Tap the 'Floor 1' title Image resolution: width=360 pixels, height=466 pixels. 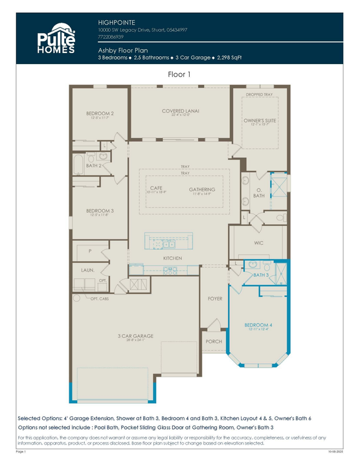[179, 74]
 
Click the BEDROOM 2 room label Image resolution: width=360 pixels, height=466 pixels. [100, 114]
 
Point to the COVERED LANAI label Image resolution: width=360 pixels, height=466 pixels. [180, 111]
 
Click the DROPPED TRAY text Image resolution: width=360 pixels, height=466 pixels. [259, 96]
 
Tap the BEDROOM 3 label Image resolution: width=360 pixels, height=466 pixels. [100, 211]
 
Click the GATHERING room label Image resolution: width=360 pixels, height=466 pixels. [202, 189]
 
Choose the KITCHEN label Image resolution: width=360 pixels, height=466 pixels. [172, 258]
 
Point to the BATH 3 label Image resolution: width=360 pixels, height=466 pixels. [260, 275]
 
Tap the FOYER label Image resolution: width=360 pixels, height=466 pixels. [215, 299]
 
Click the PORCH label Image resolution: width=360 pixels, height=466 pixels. [213, 341]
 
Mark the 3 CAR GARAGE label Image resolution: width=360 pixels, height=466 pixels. [135, 336]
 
